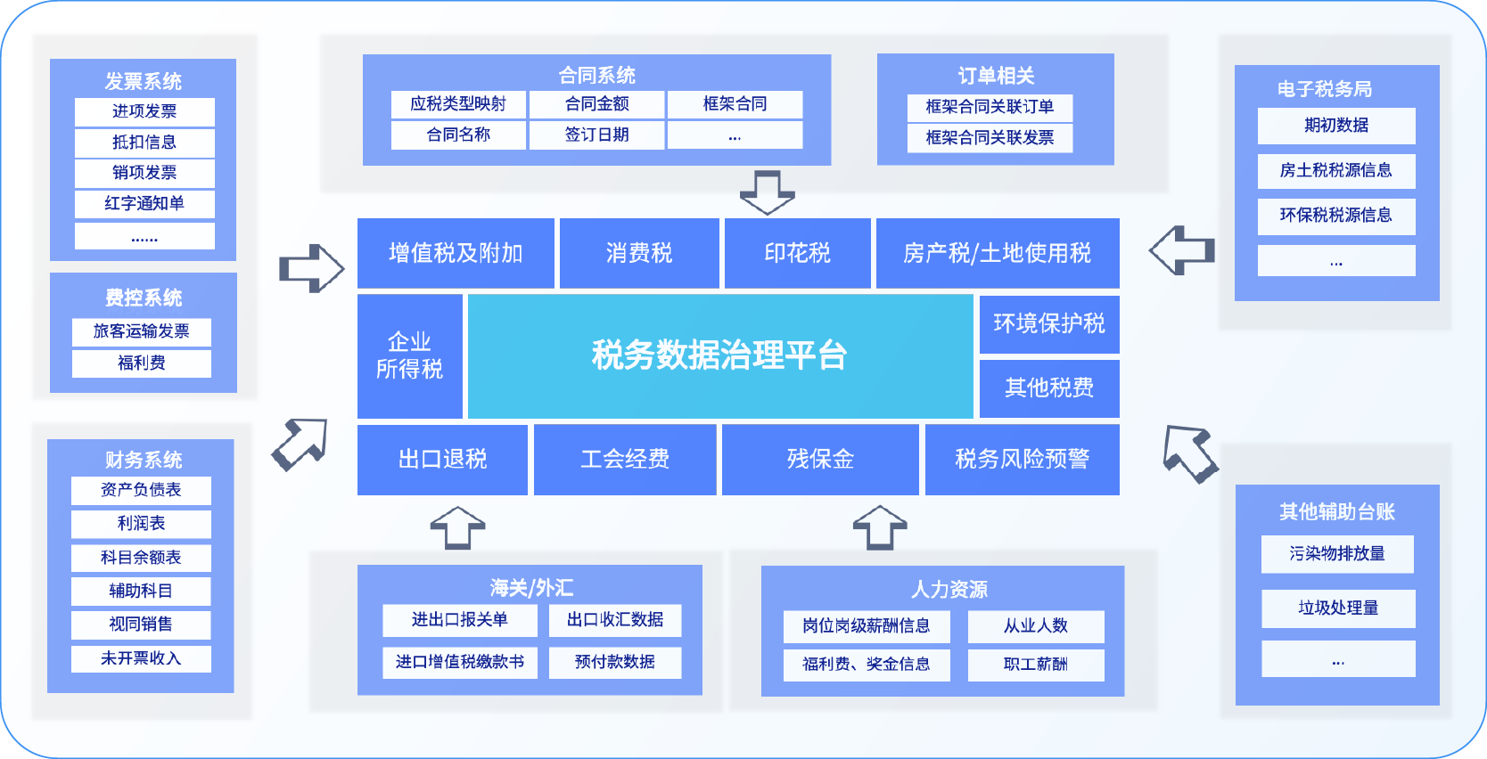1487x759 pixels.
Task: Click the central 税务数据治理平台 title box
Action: coord(719,355)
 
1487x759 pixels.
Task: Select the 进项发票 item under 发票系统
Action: coord(144,111)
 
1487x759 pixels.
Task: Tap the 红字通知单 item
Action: coord(144,203)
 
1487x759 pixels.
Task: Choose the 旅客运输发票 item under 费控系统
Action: coord(142,331)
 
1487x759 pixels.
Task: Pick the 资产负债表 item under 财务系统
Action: coord(141,490)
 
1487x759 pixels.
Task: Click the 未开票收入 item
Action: coord(141,658)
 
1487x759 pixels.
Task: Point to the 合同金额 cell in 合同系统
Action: coord(596,104)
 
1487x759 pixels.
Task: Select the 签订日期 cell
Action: coord(596,135)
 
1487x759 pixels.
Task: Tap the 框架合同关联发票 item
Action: coord(990,138)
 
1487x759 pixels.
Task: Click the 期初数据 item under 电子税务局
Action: coord(1336,126)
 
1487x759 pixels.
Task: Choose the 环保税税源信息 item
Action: coord(1336,216)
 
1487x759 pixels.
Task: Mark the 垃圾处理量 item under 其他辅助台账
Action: coord(1338,608)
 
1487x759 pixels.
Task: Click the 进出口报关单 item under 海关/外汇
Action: coord(460,620)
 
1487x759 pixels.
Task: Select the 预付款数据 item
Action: coord(615,662)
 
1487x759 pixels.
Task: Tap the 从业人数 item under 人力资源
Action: coord(1036,626)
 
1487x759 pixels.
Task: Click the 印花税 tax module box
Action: coord(797,253)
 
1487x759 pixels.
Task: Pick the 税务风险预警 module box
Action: coord(1022,459)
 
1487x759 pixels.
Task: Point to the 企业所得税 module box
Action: coord(409,355)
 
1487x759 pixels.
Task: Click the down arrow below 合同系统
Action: coord(767,192)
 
